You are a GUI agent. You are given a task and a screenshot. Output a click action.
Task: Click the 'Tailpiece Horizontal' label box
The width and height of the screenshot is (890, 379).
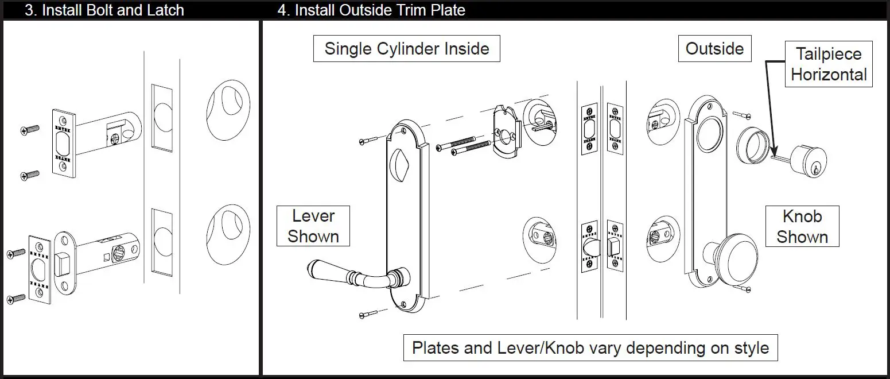829,64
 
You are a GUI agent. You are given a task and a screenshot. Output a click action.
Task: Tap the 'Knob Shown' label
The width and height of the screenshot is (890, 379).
802,227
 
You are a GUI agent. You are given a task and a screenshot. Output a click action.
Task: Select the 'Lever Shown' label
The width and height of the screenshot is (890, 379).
313,226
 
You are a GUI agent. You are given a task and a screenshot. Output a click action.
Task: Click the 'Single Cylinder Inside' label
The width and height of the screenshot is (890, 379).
406,49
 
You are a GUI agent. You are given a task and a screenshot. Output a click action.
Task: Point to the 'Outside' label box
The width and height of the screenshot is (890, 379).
714,49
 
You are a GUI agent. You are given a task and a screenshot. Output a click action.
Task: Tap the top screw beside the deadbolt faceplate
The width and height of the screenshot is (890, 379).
30,130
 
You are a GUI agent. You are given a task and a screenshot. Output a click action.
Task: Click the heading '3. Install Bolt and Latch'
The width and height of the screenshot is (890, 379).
104,10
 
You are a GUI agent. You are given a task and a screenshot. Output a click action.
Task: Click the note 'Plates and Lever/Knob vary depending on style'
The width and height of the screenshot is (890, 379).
590,348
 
